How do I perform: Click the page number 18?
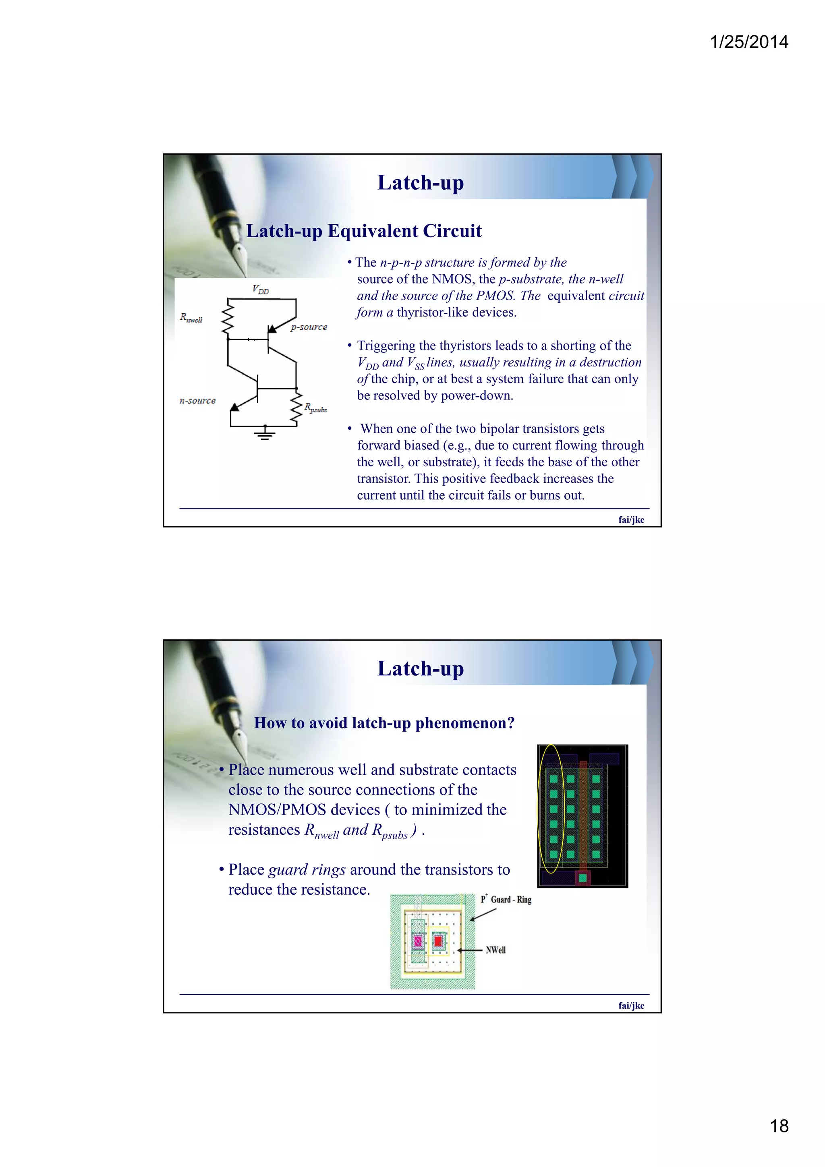(779, 1126)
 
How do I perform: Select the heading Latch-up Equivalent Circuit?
(363, 231)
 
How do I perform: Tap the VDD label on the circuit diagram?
(260, 290)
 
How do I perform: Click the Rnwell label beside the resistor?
(191, 318)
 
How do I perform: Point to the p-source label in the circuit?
(309, 327)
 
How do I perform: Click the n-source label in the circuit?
(197, 401)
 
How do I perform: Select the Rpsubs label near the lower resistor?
(316, 408)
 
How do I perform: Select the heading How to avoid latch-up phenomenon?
(384, 723)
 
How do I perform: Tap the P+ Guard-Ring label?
(506, 900)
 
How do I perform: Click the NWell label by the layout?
(495, 950)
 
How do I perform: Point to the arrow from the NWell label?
(470, 950)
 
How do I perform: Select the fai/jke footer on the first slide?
(631, 519)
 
